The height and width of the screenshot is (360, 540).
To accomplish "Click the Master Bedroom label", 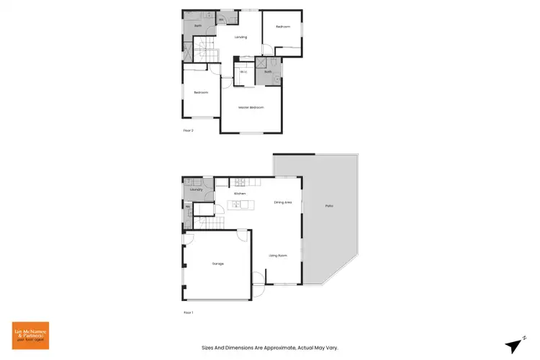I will pos(251,107).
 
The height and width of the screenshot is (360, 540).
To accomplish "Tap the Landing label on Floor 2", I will pos(240,37).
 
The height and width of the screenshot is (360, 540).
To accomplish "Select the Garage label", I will pos(217,264).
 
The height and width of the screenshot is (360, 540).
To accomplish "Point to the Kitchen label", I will pos(240,194).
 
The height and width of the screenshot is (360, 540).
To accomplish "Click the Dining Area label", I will pos(282,202).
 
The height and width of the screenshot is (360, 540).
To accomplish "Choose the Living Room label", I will pos(278,256).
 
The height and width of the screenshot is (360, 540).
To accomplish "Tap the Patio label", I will pos(329,207).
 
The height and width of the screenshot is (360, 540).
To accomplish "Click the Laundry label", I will pos(197,189).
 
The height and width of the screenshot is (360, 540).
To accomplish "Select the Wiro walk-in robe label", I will pos(243,72).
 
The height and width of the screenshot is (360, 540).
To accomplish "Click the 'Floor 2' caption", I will pos(189,130).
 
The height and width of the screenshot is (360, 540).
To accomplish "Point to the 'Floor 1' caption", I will pos(189,312).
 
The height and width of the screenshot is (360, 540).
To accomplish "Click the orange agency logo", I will pos(30,336).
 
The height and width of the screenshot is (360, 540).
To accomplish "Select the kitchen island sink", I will pos(236,205).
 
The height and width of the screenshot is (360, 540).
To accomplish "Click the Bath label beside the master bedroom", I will pos(268,72).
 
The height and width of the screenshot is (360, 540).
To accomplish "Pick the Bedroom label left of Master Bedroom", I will pos(200,92).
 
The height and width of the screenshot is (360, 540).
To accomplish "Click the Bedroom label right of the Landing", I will pos(283,27).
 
